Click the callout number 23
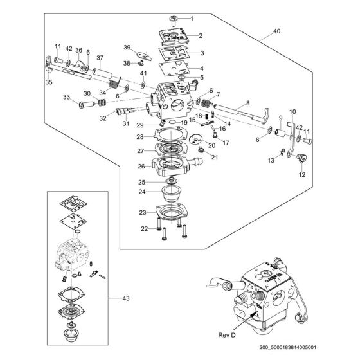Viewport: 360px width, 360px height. [x=143, y=213]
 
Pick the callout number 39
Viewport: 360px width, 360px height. [x=127, y=47]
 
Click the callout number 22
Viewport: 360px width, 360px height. [x=144, y=228]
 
